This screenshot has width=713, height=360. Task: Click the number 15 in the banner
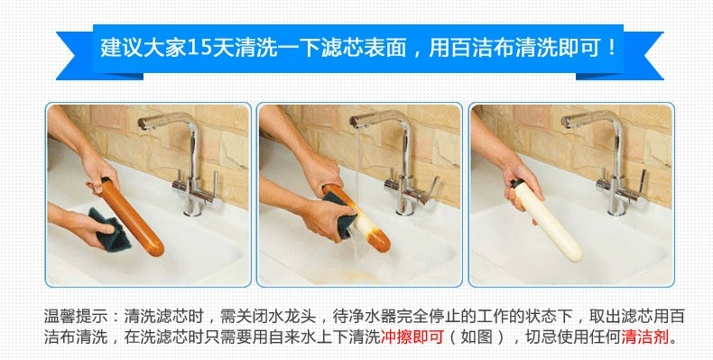click(199, 48)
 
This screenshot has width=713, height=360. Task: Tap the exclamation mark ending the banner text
click(612, 48)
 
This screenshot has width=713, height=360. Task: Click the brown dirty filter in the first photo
click(132, 217)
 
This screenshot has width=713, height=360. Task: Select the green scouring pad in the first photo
click(108, 229)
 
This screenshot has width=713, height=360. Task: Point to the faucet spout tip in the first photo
click(142, 123)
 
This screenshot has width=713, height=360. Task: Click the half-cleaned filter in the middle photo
click(357, 218)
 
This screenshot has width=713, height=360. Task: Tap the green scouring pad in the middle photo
click(338, 214)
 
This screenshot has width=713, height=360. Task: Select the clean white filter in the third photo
click(548, 222)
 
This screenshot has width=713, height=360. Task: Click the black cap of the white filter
click(516, 184)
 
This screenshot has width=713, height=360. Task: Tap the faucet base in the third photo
click(617, 206)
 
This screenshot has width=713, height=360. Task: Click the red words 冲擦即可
click(412, 337)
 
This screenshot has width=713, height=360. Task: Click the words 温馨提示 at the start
click(75, 316)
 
